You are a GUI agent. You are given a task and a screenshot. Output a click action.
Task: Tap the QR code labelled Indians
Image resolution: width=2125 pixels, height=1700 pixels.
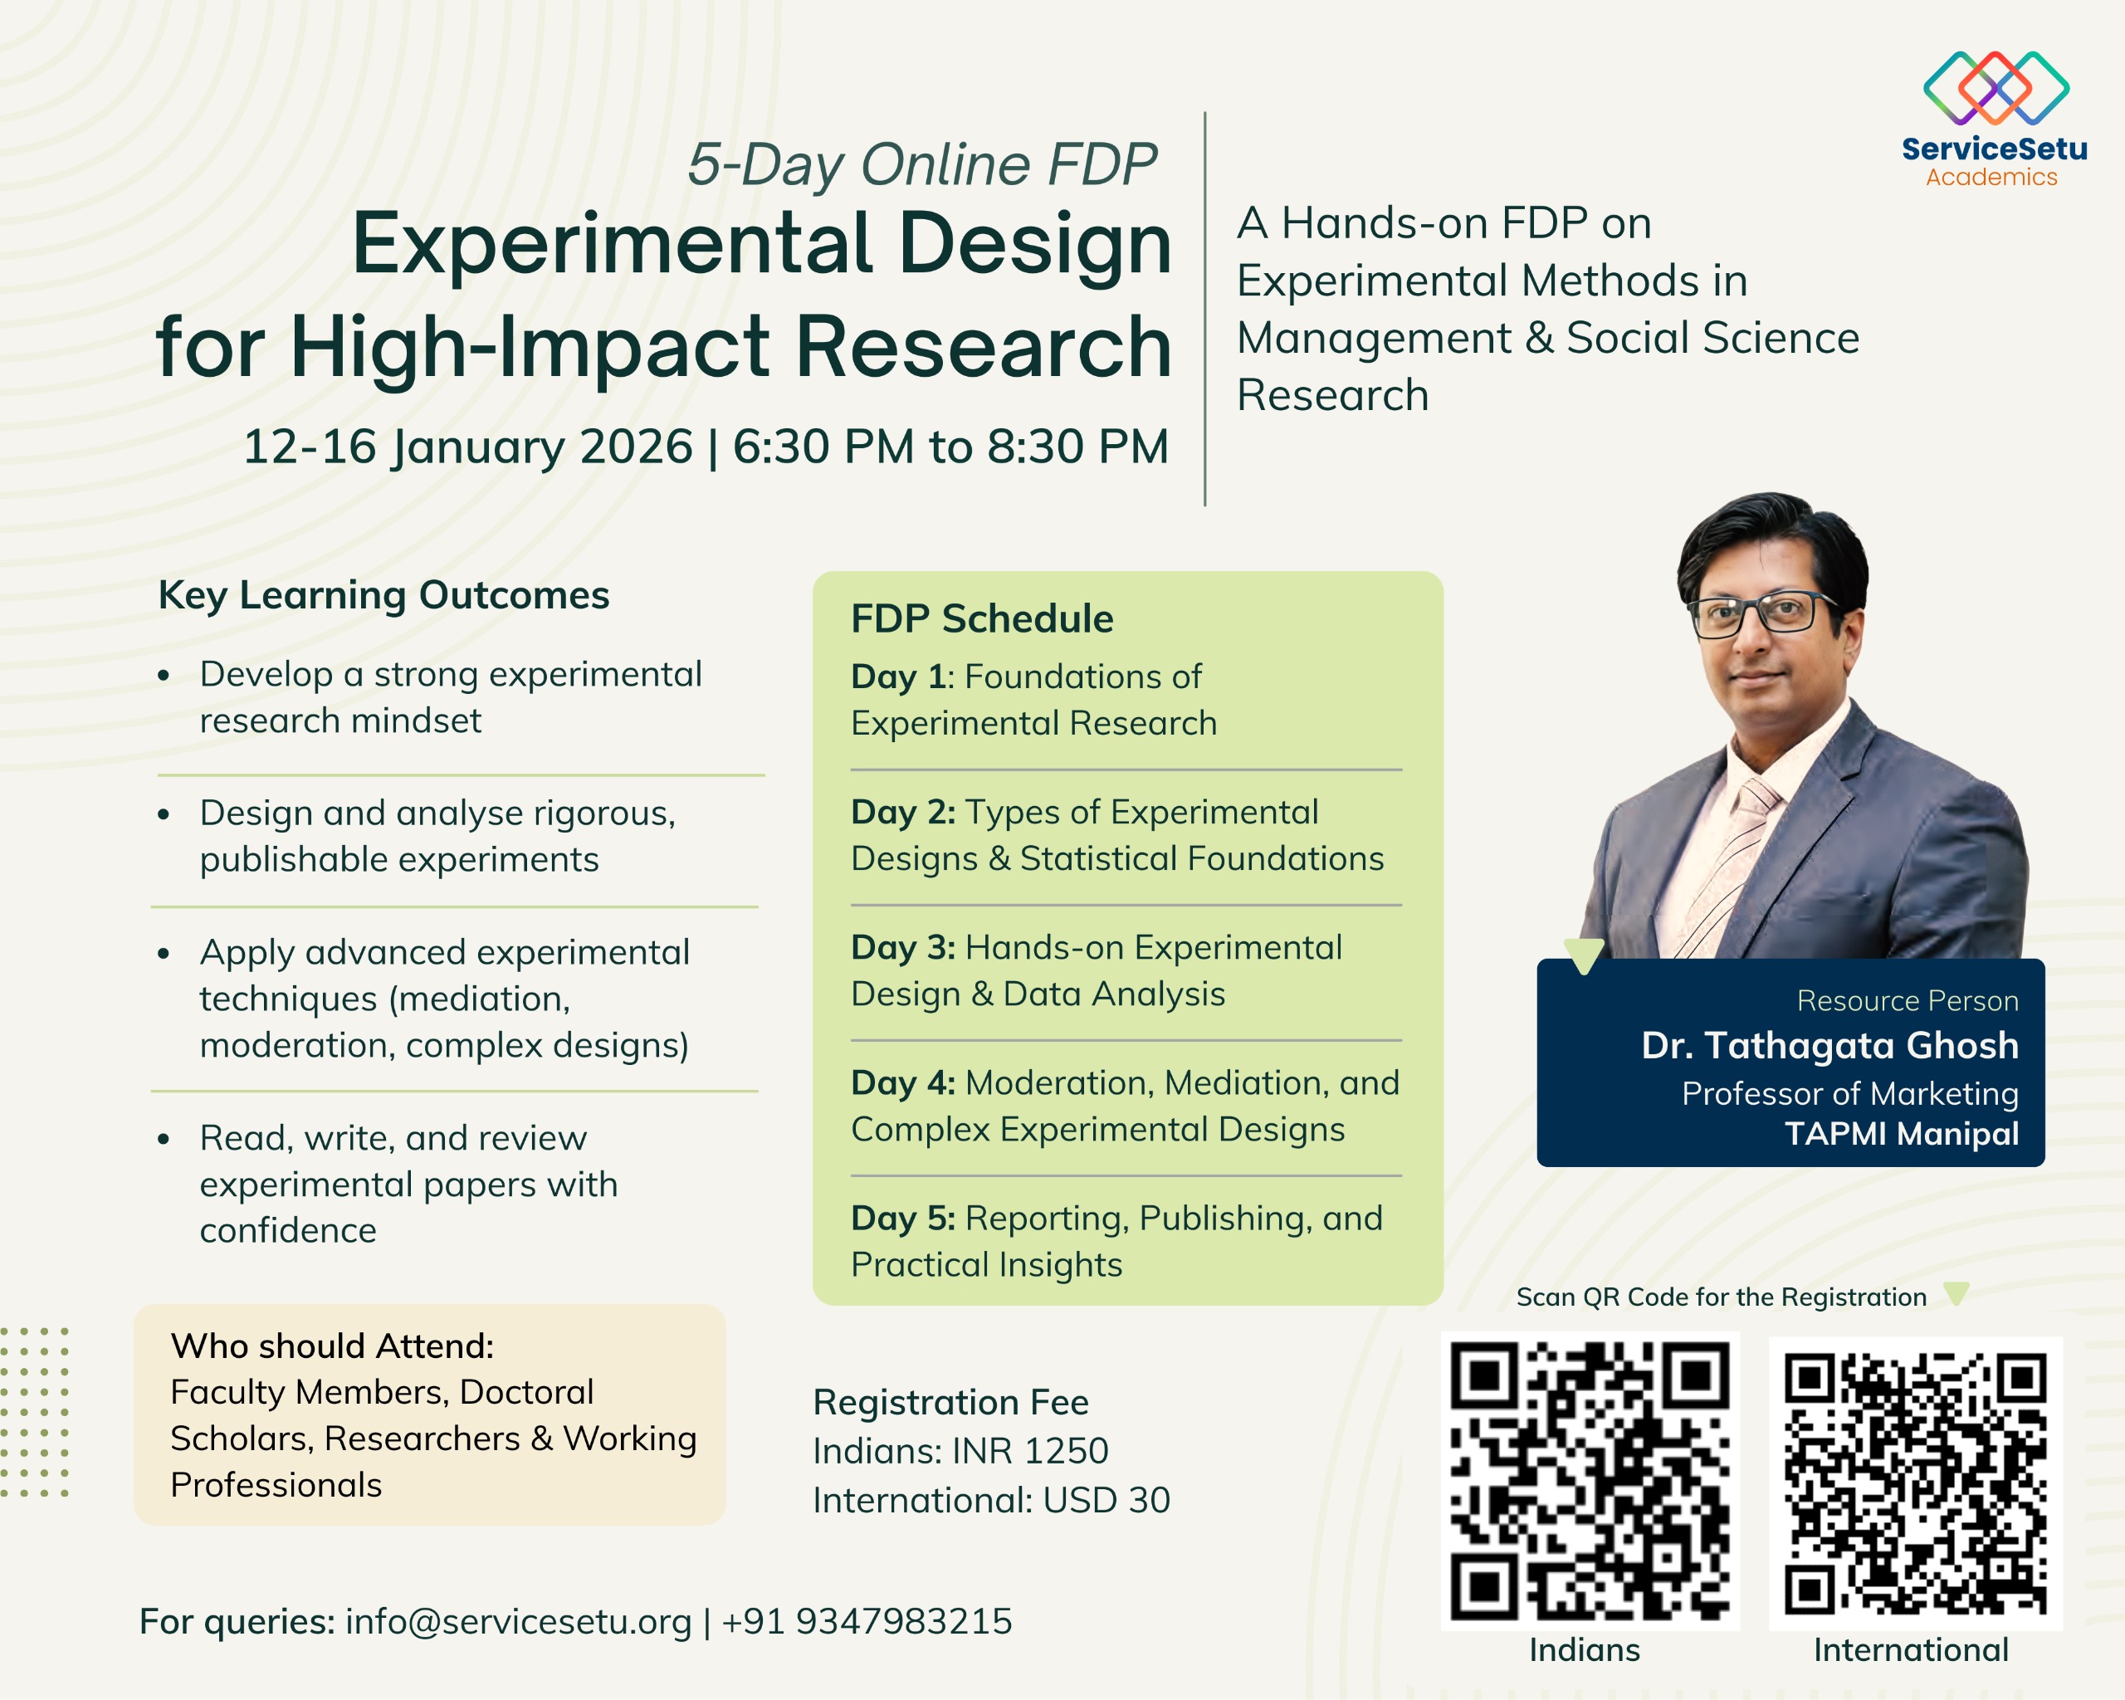pyautogui.click(x=1590, y=1480)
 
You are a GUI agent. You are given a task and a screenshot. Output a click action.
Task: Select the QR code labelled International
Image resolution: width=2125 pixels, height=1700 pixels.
pyautogui.click(x=1915, y=1483)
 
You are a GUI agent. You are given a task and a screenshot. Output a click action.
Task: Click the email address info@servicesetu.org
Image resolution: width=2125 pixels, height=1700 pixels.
pyautogui.click(x=519, y=1622)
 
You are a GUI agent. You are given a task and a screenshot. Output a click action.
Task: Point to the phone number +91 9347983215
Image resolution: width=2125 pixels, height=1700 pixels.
pyautogui.click(x=867, y=1621)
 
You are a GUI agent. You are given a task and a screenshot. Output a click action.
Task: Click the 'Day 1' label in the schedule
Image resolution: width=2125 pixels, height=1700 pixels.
pyautogui.click(x=898, y=677)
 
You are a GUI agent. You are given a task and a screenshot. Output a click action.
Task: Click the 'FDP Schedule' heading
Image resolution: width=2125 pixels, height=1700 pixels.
pyautogui.click(x=982, y=619)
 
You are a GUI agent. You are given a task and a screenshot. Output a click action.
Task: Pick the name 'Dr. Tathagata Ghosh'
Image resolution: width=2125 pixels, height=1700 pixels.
pyautogui.click(x=1829, y=1046)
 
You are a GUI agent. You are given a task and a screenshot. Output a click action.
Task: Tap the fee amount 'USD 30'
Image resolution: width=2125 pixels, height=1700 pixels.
pyautogui.click(x=1106, y=1501)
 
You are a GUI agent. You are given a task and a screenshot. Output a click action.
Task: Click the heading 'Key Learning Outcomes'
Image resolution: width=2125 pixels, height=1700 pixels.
pyautogui.click(x=383, y=596)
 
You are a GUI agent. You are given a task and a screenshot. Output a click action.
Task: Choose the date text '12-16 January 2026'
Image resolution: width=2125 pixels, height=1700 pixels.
pyautogui.click(x=468, y=447)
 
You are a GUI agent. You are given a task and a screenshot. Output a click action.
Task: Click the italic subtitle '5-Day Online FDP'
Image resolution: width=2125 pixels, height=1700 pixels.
pyautogui.click(x=921, y=164)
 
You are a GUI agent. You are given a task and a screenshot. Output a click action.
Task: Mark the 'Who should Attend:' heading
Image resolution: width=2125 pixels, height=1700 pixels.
pyautogui.click(x=332, y=1346)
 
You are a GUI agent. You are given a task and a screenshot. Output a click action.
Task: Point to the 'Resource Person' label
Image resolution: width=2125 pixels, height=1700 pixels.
pyautogui.click(x=1908, y=1001)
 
